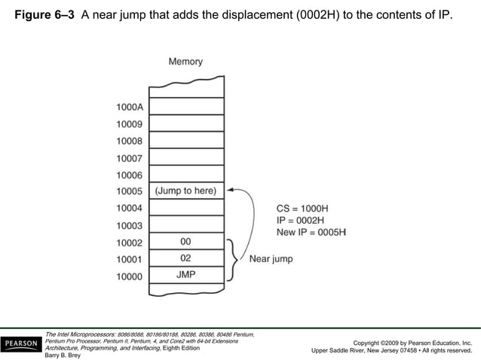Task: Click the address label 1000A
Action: coord(129,107)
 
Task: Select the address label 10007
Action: coord(129,158)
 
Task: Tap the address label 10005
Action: coord(129,191)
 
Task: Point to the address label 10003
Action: coord(129,225)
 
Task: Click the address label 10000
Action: coord(129,276)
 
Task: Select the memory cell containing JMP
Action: coord(185,275)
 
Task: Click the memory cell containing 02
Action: coord(185,258)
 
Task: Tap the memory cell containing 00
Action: coord(185,242)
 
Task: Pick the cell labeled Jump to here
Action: coord(185,191)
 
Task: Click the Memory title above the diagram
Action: coord(185,62)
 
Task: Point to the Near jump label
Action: coord(271,259)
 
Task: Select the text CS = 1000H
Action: coord(302,208)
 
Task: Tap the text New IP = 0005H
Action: coord(311,232)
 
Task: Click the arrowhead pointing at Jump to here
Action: coord(230,191)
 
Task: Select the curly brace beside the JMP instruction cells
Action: coord(234,259)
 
